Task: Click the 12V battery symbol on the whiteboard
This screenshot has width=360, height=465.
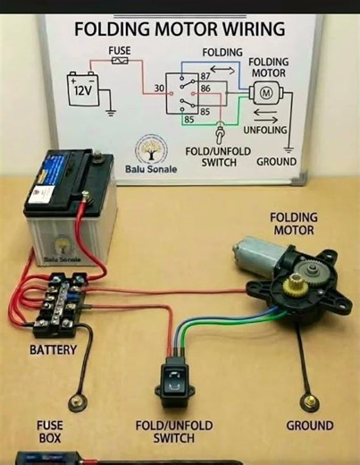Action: pyautogui.click(x=83, y=90)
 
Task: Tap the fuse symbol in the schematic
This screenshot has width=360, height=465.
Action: pyautogui.click(x=121, y=63)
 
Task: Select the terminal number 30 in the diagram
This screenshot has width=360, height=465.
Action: pyautogui.click(x=159, y=89)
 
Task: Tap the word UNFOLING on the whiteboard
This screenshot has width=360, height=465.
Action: pyautogui.click(x=265, y=130)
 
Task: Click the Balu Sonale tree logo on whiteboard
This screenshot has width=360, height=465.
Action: pyautogui.click(x=149, y=148)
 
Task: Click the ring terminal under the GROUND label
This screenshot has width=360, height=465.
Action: pyautogui.click(x=309, y=400)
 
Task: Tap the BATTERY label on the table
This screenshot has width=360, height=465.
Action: pyautogui.click(x=53, y=350)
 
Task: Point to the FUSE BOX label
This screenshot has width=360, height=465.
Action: pyautogui.click(x=49, y=432)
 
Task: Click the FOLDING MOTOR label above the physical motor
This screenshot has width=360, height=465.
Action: pyautogui.click(x=293, y=224)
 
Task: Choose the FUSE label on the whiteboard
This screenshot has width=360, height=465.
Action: pyautogui.click(x=120, y=51)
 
